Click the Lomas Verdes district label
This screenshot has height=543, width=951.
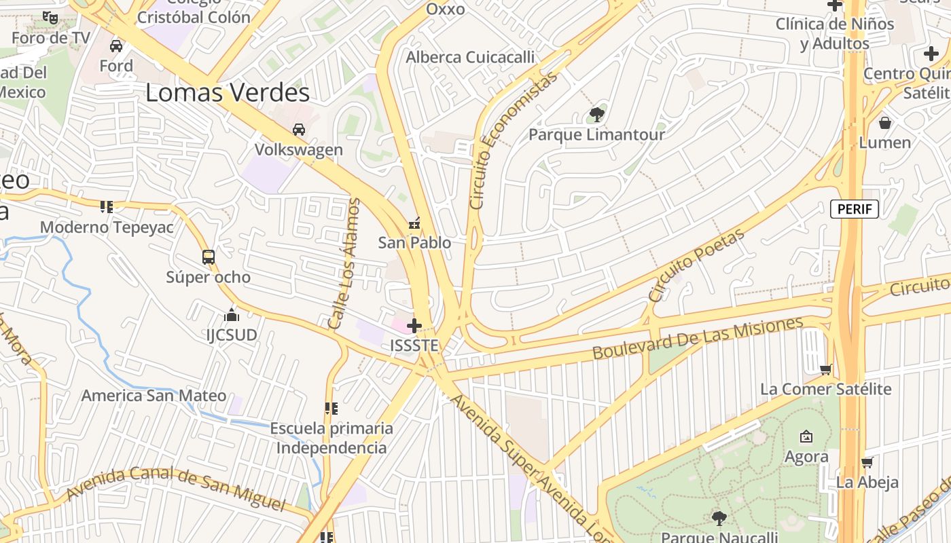point(228,93)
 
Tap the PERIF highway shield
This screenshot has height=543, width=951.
point(855,209)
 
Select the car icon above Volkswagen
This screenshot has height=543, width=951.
point(298,130)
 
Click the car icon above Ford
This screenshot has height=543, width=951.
point(116,46)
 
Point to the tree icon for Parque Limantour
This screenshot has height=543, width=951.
point(597,114)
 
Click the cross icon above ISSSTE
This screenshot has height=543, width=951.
point(414,326)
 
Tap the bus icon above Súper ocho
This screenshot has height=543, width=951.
point(209,257)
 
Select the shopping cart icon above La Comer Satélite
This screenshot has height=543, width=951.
point(825,370)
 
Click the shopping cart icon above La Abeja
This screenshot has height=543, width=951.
point(867,463)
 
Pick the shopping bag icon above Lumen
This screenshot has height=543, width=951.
point(884,123)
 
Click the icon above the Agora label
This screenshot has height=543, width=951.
point(806,436)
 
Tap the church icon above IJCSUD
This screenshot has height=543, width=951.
point(232,316)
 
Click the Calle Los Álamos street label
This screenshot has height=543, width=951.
point(344,263)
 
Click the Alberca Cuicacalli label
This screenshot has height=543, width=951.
point(470,58)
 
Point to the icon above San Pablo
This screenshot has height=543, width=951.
point(414,223)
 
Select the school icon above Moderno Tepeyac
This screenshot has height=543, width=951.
point(106,206)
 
